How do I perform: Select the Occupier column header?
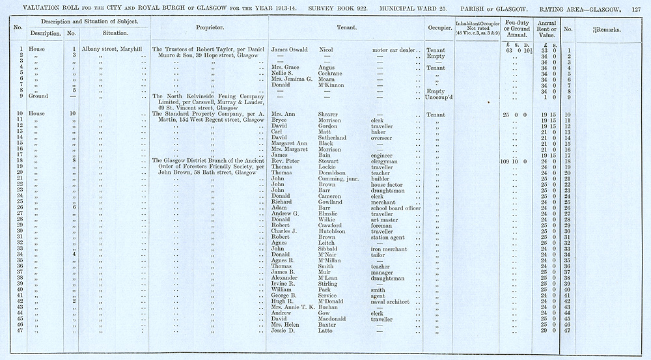(x=439, y=29)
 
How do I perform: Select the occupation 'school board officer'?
(x=396, y=207)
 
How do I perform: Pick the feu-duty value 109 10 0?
(x=512, y=161)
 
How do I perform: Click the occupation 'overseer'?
(x=384, y=137)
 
